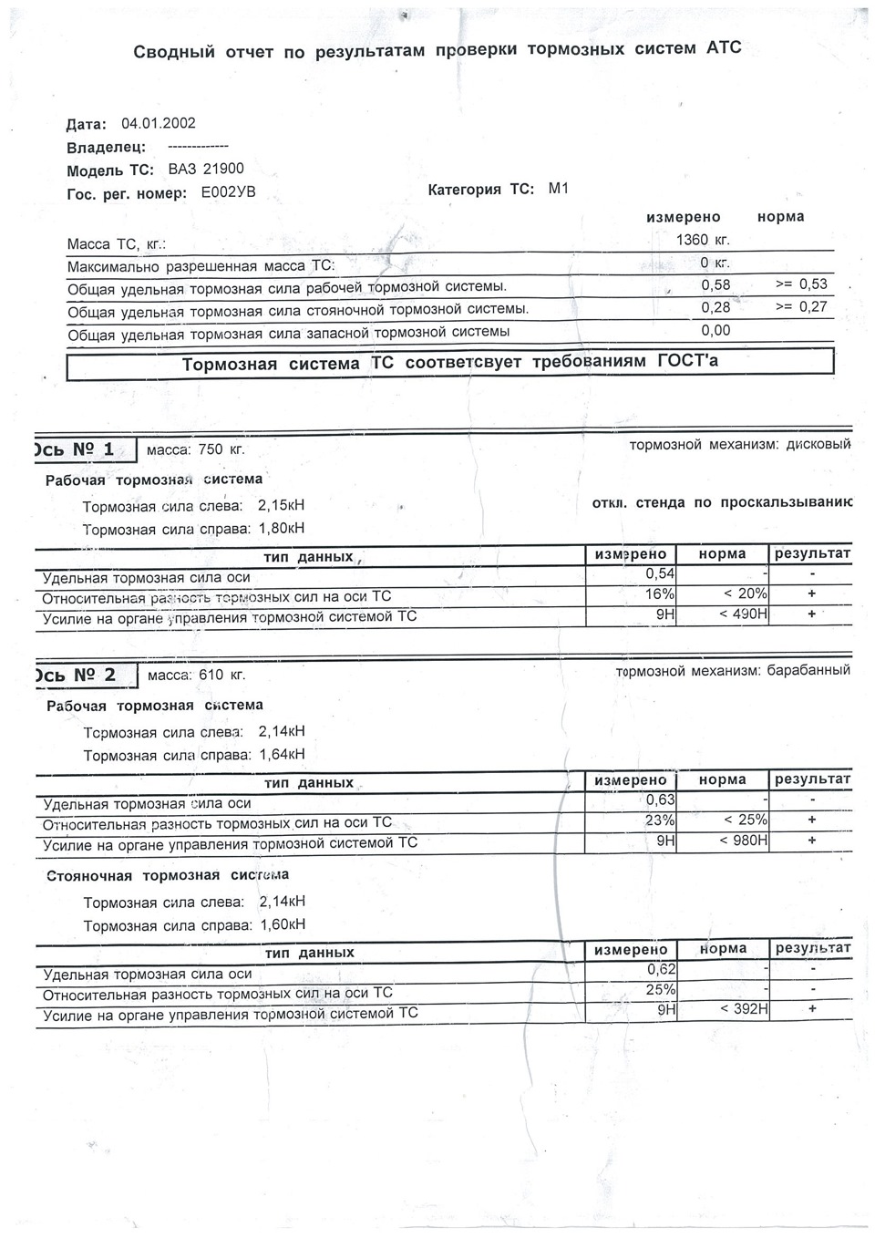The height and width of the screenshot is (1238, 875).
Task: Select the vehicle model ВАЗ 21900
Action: click(x=206, y=170)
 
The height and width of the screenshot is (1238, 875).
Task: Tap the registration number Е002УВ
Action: click(x=228, y=193)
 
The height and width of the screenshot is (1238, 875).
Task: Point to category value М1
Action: click(x=558, y=190)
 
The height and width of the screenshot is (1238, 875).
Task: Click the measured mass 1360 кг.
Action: click(x=703, y=241)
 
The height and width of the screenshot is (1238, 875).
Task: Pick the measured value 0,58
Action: click(x=715, y=285)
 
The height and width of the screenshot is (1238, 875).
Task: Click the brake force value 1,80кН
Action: click(x=282, y=529)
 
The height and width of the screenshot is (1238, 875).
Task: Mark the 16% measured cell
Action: click(x=660, y=594)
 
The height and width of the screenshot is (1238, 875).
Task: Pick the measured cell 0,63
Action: click(x=660, y=800)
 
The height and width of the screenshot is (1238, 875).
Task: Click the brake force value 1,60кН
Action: click(x=282, y=924)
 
